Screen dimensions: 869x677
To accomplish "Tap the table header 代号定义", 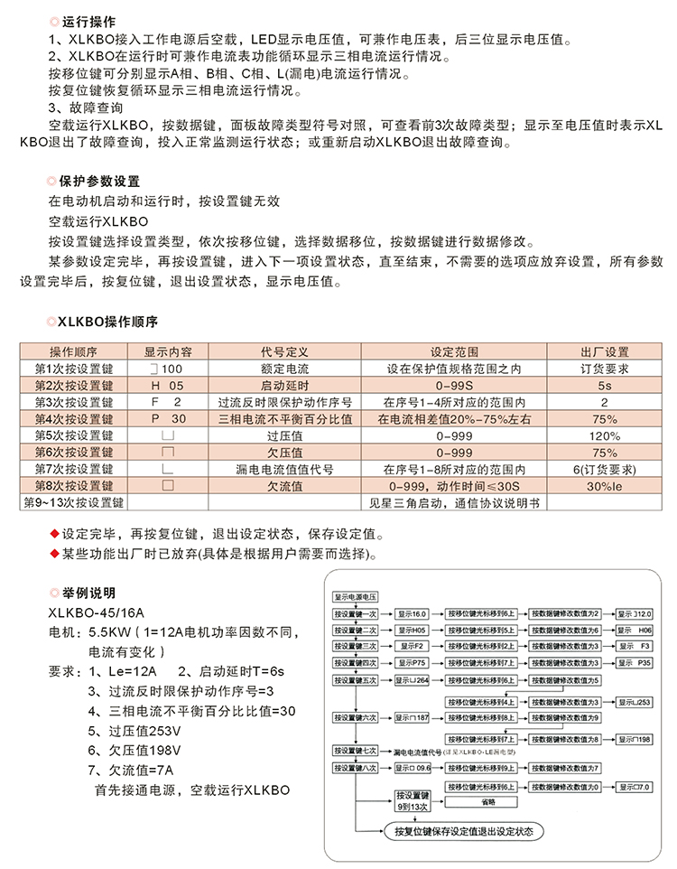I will pyautogui.click(x=284, y=351).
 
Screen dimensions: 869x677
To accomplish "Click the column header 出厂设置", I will pyautogui.click(x=604, y=351).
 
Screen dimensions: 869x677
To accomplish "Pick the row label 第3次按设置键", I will pyautogui.click(x=73, y=402).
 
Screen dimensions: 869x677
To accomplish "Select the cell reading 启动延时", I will pyautogui.click(x=284, y=385).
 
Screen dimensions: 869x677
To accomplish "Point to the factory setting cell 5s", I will pyautogui.click(x=604, y=385).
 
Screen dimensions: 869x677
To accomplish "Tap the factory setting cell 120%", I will pyautogui.click(x=604, y=435).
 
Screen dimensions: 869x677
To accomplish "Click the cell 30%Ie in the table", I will pyautogui.click(x=604, y=486).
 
